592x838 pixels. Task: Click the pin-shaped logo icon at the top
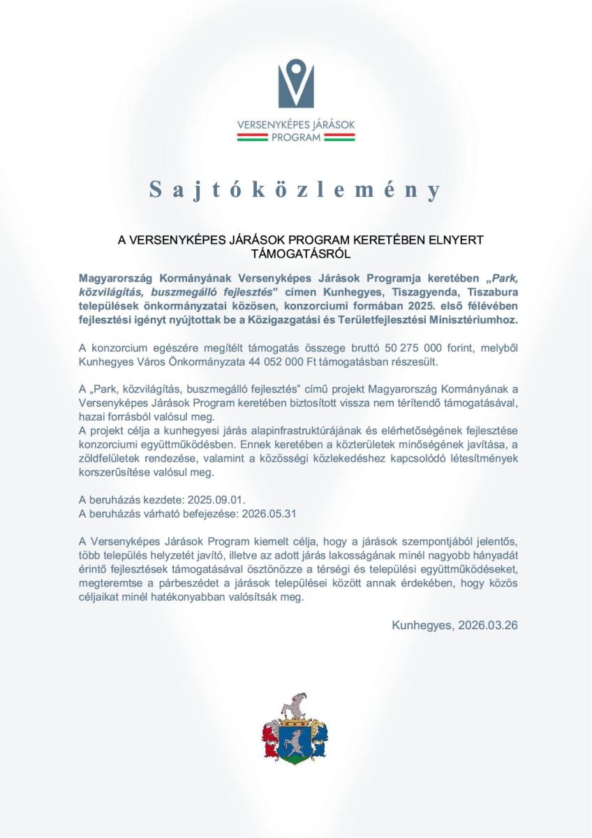click(x=296, y=83)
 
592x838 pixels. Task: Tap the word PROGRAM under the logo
click(x=296, y=138)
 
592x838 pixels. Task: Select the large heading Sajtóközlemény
click(x=296, y=189)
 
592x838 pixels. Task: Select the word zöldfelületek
click(x=110, y=458)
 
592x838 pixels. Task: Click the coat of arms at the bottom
click(x=294, y=730)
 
